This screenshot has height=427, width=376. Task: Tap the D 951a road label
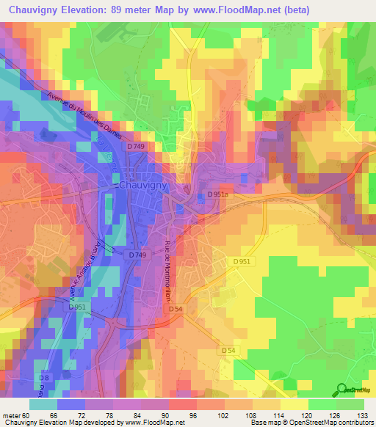[x=218, y=194]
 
